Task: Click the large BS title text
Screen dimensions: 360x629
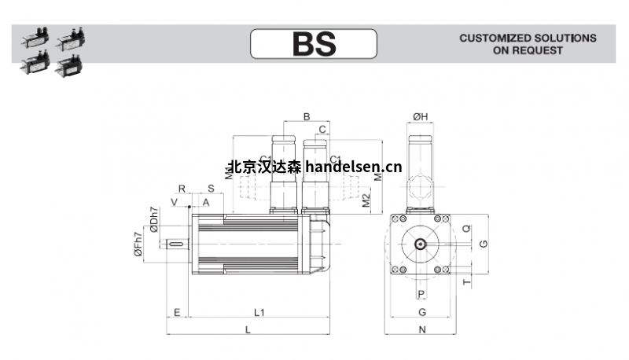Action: click(x=314, y=43)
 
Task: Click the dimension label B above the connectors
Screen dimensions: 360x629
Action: click(x=306, y=117)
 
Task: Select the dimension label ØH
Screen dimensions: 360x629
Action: click(x=420, y=117)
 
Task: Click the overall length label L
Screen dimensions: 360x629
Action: click(x=248, y=329)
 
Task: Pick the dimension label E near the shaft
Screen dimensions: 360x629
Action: click(x=177, y=312)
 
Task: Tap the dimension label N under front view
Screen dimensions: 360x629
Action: click(x=421, y=329)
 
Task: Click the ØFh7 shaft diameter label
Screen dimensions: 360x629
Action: click(x=138, y=244)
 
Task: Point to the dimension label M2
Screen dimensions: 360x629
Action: click(x=365, y=200)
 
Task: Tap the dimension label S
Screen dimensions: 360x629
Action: click(x=211, y=189)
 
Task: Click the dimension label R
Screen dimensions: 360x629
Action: click(x=182, y=189)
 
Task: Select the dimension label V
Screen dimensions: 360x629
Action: click(x=175, y=203)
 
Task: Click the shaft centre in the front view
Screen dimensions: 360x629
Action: click(x=421, y=244)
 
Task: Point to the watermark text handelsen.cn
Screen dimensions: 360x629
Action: click(x=352, y=167)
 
